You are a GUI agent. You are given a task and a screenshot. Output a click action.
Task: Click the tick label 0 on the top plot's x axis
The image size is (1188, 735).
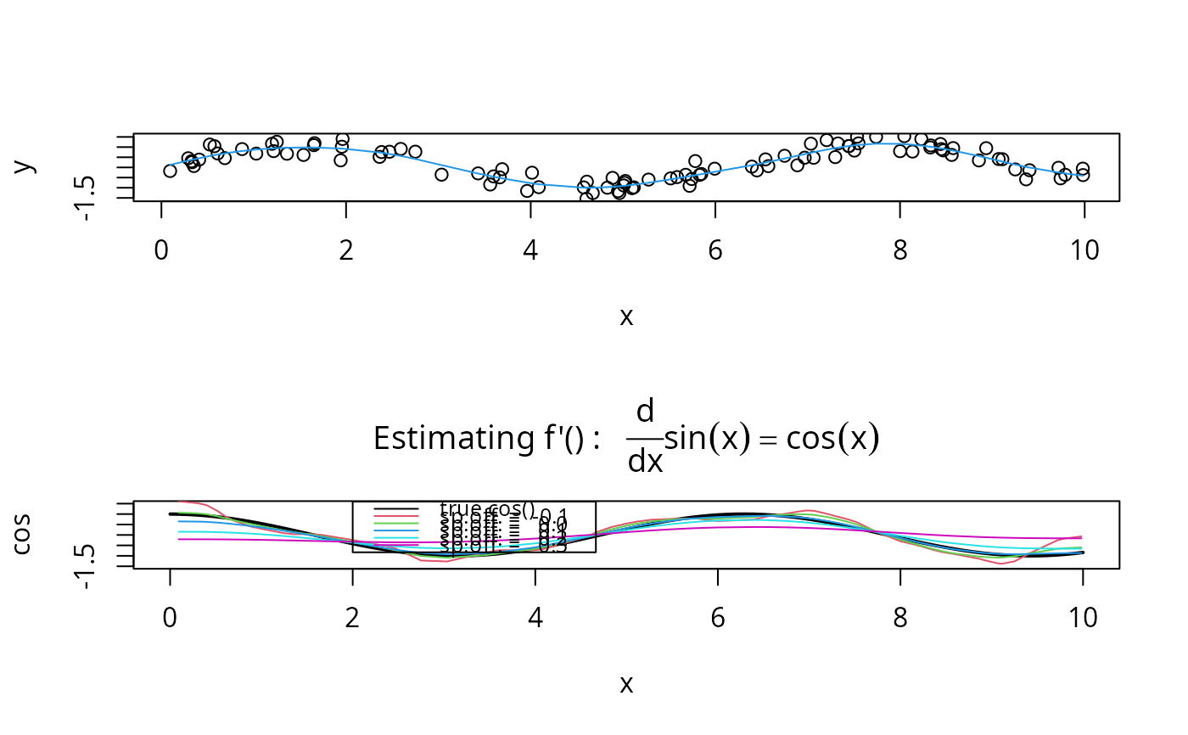point(161,250)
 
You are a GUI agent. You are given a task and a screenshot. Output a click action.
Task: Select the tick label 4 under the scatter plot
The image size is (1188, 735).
point(530,250)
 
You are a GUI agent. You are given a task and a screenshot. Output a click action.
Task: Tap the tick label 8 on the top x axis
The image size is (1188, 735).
point(899,250)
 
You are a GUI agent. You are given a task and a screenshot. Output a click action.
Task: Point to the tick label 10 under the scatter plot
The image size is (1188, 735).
point(1084,250)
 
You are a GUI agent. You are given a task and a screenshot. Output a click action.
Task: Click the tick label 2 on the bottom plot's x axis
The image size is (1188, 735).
point(352,618)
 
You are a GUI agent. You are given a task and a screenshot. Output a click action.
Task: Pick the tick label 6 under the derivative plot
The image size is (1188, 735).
point(718,618)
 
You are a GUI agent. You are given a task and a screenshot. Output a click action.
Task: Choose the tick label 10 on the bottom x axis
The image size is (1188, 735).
point(1083,618)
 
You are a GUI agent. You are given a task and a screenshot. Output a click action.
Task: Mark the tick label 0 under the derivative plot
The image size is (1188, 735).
point(170,618)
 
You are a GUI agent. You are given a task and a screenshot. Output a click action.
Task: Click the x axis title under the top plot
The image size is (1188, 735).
point(626,317)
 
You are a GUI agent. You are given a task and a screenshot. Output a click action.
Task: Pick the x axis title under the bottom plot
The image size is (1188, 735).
point(626,683)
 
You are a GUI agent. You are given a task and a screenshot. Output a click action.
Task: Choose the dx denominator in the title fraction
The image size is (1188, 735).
point(645,462)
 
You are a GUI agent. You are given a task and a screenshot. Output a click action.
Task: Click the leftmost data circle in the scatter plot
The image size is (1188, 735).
point(170,171)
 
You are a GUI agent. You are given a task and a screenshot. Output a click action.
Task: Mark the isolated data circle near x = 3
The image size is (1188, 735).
point(441,174)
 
